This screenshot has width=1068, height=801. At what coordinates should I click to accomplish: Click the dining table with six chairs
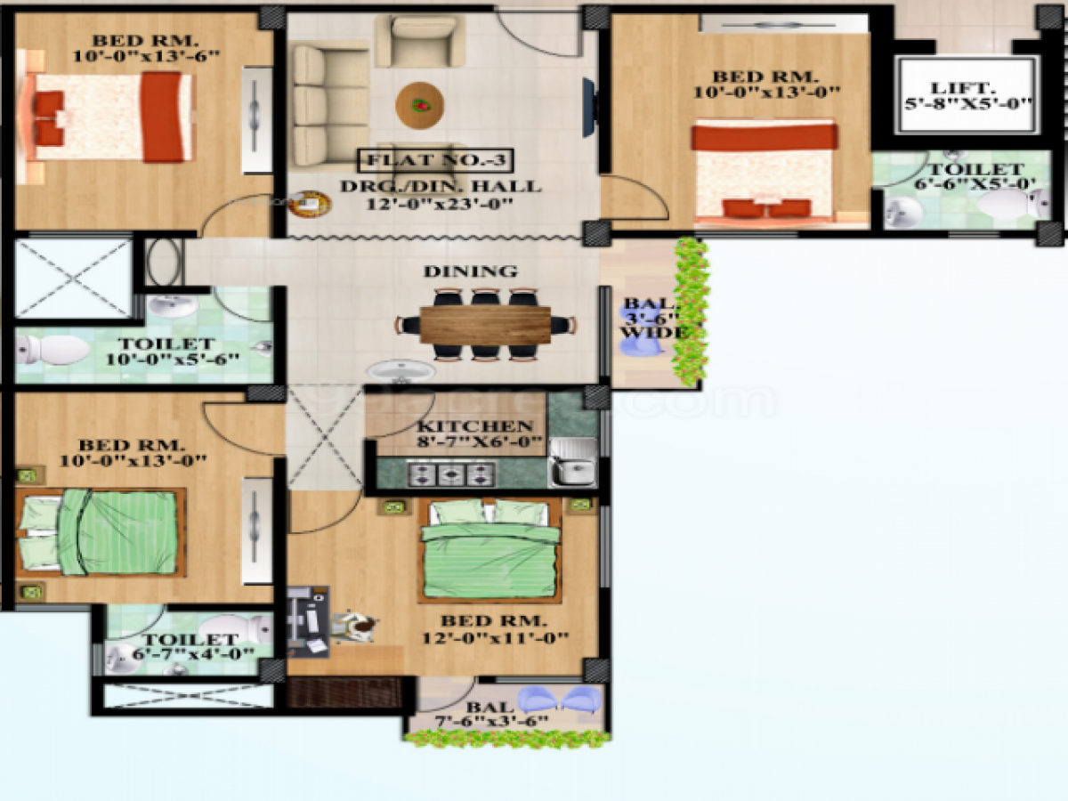pos(485,325)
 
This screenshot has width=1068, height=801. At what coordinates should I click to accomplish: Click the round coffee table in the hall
pos(419,104)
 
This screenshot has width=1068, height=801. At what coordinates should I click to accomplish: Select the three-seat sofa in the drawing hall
pos(319,105)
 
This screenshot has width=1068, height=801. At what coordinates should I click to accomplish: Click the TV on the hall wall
pos(587,108)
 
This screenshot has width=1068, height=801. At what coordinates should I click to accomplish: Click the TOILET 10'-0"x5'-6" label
pos(167,352)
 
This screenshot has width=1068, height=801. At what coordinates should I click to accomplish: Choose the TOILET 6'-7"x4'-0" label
pos(190,646)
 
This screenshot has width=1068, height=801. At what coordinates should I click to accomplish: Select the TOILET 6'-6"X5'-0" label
pos(975,176)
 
